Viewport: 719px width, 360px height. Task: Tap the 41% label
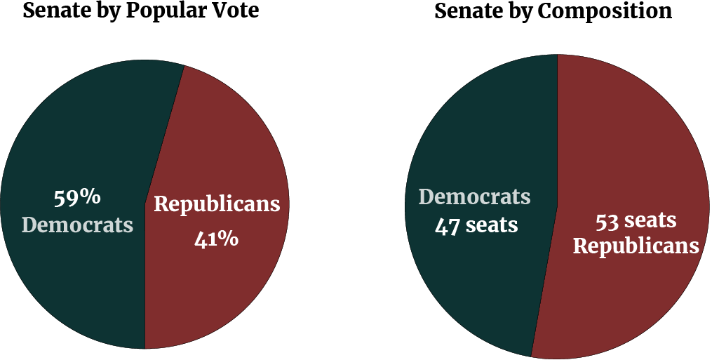click(216, 239)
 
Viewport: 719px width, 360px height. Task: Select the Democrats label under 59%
click(77, 225)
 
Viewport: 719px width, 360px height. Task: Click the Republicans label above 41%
click(217, 204)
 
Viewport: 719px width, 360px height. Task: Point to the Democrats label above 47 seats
click(475, 197)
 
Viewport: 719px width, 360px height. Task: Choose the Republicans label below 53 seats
click(636, 247)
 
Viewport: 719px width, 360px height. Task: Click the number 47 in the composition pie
click(448, 225)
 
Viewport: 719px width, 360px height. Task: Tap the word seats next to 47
click(492, 225)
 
